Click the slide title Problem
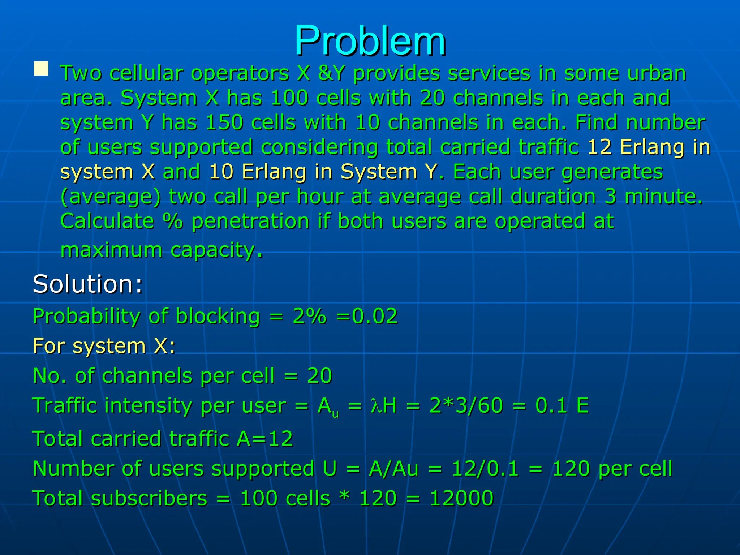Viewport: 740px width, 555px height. [x=370, y=40]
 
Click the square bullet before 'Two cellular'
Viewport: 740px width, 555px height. [x=41, y=69]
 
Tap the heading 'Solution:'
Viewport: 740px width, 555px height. [x=87, y=284]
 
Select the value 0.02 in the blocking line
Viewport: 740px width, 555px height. [x=375, y=316]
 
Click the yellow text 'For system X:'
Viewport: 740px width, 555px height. [x=104, y=346]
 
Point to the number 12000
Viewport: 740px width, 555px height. [x=461, y=498]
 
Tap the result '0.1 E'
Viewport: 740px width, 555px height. [x=562, y=405]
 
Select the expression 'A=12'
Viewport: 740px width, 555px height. [x=265, y=439]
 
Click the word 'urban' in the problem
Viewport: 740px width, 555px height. [x=657, y=73]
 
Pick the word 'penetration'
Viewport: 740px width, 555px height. [x=250, y=221]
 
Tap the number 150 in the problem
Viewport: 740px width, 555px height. [x=224, y=122]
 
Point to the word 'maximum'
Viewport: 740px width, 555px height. [x=111, y=250]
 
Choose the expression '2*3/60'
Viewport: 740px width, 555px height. [x=466, y=405]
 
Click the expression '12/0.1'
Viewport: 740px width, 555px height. [x=485, y=469]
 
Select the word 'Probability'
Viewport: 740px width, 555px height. [x=86, y=316]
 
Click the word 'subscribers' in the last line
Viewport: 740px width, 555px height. [x=149, y=498]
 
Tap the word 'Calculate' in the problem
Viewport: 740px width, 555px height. [x=107, y=221]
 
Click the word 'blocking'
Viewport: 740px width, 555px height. [x=218, y=316]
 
